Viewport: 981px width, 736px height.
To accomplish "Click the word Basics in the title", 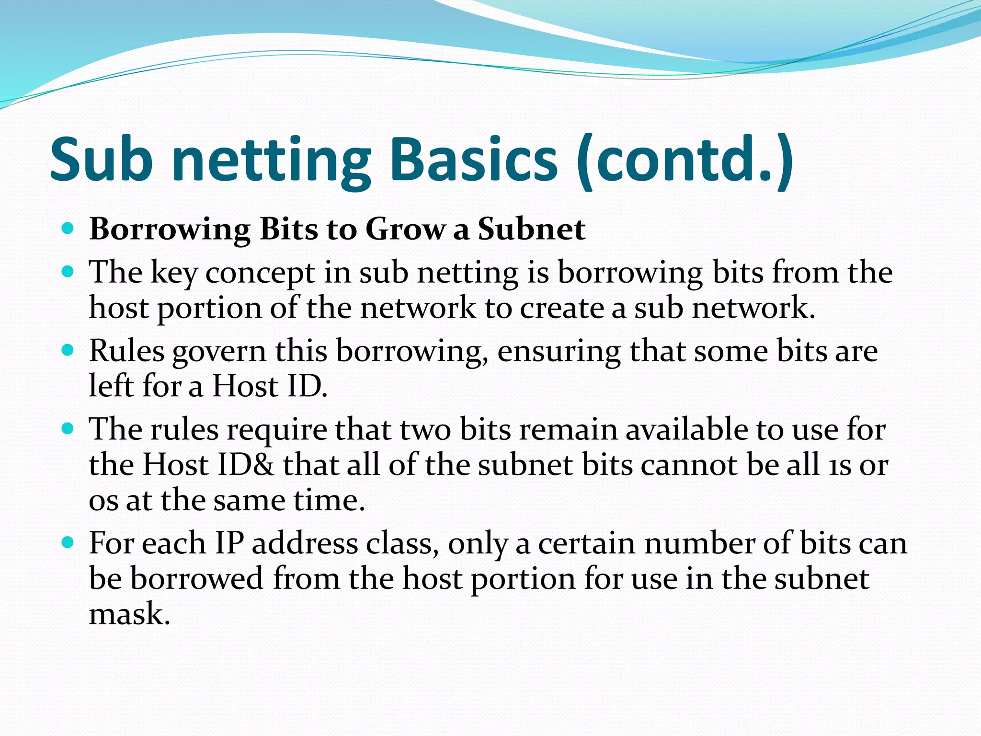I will (x=473, y=160).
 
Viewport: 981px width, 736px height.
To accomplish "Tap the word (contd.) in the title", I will (x=685, y=160).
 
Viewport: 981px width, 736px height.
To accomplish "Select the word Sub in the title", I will (x=101, y=160).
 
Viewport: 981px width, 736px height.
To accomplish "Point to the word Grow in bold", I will (x=405, y=230).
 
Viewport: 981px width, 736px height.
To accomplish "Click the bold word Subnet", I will (x=531, y=230).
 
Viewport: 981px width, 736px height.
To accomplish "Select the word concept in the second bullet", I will (x=260, y=273).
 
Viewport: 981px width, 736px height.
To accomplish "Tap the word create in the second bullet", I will (x=561, y=308).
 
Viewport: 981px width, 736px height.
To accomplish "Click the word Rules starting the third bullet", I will (x=126, y=351).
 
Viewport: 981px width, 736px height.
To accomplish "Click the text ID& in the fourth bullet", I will (x=245, y=465).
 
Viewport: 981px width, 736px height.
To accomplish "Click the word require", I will (x=277, y=430).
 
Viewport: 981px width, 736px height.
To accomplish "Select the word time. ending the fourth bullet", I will (x=329, y=501).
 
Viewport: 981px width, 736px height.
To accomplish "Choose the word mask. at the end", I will (x=129, y=614).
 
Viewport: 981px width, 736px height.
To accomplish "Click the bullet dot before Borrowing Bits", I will (x=68, y=229).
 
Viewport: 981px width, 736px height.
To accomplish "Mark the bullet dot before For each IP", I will (x=68, y=542).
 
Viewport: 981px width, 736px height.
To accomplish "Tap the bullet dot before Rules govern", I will (x=68, y=350).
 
